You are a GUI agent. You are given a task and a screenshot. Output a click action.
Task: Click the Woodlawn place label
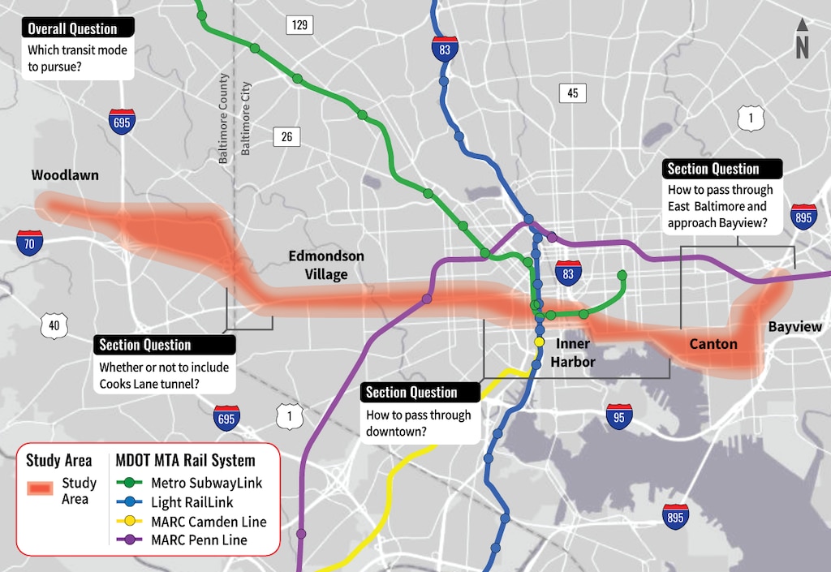point(65,175)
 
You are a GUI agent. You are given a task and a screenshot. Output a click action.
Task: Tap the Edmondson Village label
point(326,265)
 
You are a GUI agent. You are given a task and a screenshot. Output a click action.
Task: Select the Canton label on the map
point(713,344)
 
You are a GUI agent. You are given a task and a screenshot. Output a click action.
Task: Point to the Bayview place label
point(795,327)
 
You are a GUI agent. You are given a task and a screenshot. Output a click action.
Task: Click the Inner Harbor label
point(573,353)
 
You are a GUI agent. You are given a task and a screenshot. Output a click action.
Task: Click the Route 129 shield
point(299,26)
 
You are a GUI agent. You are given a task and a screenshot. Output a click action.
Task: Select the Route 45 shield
point(572,93)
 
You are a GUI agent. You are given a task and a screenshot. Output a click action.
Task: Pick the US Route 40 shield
point(53,326)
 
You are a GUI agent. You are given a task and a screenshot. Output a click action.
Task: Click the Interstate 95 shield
point(619,417)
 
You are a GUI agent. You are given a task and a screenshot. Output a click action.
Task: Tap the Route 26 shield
point(286,137)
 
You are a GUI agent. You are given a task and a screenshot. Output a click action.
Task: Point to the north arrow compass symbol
point(802,41)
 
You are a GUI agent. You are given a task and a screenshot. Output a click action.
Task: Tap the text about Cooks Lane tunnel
point(164,376)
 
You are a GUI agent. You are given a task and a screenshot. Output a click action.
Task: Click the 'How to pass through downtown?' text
point(418,424)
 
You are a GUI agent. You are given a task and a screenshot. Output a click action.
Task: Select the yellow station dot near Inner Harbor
point(539,342)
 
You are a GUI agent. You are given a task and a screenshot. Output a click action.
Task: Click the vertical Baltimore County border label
point(224,117)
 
